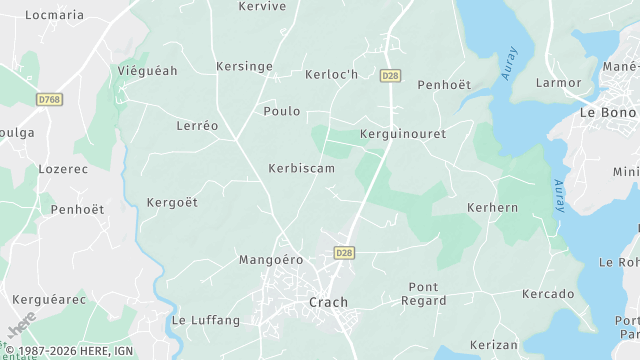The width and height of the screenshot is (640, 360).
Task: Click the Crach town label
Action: [x=329, y=302]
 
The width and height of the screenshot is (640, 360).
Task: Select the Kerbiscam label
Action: [x=301, y=168]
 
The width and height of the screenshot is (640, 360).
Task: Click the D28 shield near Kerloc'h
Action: [x=391, y=75]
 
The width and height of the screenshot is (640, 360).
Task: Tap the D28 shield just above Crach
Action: [x=345, y=253]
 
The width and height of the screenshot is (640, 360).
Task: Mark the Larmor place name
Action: [x=558, y=82]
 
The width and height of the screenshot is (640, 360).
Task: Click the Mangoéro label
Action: [x=270, y=260]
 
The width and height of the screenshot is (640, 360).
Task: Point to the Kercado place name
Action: [x=548, y=294]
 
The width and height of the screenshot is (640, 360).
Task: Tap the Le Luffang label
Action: [x=206, y=321]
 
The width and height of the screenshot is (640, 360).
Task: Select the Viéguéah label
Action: [x=147, y=72]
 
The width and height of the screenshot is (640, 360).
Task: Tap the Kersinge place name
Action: [x=244, y=67]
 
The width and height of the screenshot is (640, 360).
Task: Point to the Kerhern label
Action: [x=492, y=207]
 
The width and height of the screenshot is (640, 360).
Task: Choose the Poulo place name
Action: [x=282, y=111]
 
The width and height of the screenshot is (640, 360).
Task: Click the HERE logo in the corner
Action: [x=20, y=331]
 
